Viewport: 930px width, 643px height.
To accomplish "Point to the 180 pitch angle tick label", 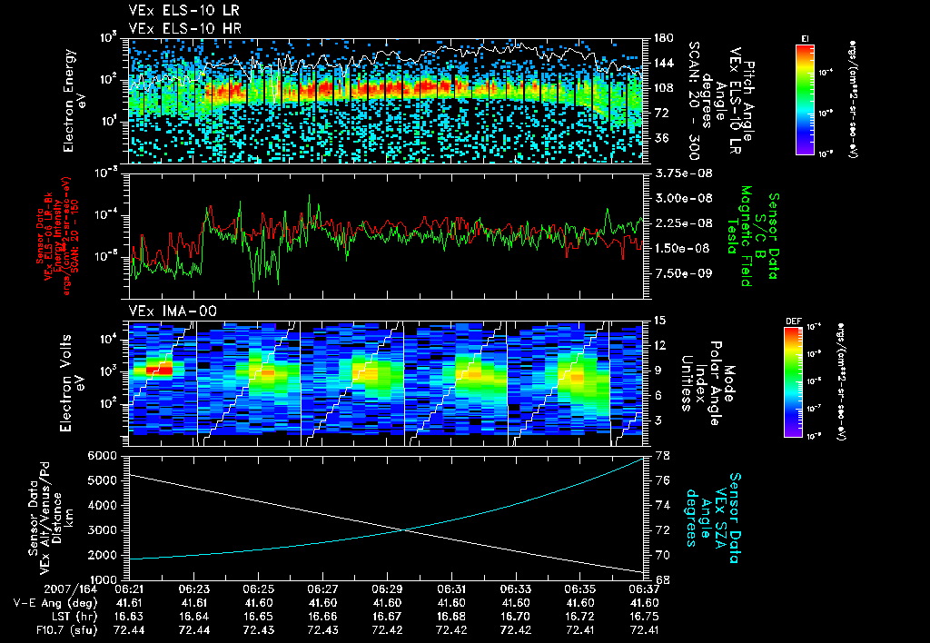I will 660,38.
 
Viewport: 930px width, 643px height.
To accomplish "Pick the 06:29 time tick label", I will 388,589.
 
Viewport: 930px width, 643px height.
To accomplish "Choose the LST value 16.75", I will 644,616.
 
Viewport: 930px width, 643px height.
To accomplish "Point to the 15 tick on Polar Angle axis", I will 659,321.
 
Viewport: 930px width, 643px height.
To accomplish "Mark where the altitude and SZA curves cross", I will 403,530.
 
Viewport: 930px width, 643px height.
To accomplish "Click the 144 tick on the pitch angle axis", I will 660,64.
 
